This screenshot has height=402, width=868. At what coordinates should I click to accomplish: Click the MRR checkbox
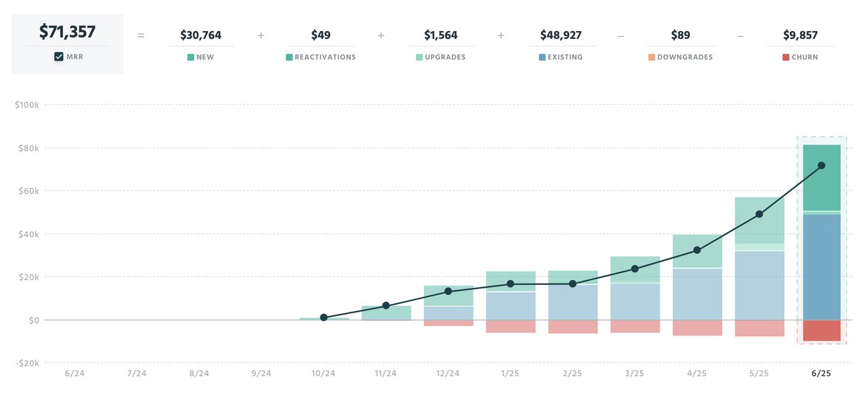click(59, 57)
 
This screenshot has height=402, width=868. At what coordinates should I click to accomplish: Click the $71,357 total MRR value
click(67, 32)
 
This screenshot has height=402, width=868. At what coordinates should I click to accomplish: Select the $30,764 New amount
click(200, 35)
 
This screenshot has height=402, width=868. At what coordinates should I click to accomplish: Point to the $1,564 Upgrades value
click(441, 35)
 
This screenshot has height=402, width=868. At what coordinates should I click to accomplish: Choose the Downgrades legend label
click(685, 57)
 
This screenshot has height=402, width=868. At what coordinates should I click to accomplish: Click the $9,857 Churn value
click(801, 35)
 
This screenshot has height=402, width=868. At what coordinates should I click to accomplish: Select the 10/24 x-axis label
click(323, 373)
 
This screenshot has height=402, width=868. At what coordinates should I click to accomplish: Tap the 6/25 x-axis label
click(821, 373)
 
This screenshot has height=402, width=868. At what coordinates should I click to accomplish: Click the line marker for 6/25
click(821, 166)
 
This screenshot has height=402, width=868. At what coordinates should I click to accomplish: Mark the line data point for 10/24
click(323, 317)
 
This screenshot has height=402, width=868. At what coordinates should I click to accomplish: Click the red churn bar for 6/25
click(821, 330)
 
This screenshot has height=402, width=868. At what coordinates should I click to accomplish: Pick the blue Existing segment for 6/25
click(821, 268)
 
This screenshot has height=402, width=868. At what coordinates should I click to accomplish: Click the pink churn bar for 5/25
click(759, 328)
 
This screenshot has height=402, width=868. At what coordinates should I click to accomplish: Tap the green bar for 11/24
click(386, 312)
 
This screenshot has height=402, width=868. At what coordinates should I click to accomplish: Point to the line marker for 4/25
click(697, 250)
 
